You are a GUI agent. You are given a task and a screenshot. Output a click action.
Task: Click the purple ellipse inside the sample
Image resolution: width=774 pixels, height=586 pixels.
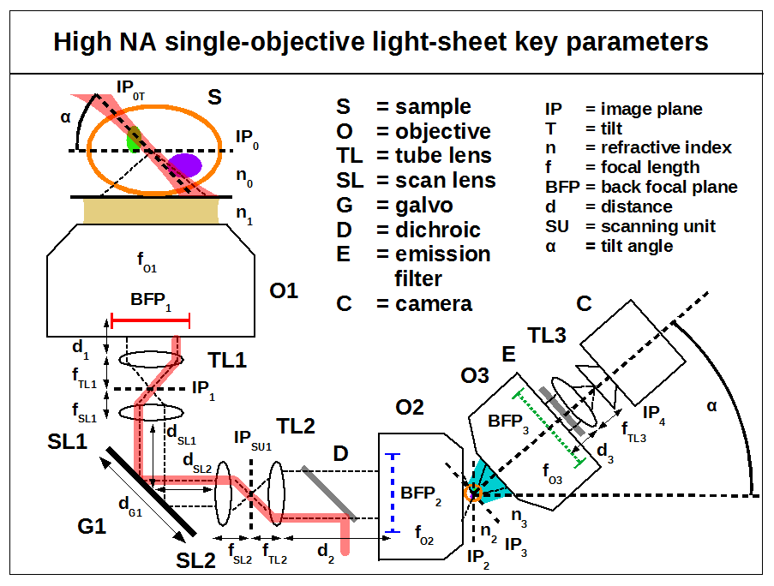(184, 165)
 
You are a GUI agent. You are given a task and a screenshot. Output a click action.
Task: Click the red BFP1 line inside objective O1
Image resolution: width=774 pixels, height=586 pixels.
(150, 321)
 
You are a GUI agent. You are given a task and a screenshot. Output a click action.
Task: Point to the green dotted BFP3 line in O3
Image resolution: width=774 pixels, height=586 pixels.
(549, 428)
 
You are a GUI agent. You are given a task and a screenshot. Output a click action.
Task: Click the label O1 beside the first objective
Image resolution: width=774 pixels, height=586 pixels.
(284, 291)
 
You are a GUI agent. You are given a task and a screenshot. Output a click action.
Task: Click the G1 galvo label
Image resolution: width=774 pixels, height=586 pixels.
(92, 525)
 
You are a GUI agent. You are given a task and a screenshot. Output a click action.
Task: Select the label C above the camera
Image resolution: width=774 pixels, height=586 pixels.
(584, 303)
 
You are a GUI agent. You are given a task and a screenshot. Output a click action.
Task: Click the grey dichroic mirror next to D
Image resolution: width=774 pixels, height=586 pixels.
(329, 494)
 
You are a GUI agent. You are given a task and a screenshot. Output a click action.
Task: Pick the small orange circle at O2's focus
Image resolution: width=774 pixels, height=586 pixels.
(472, 493)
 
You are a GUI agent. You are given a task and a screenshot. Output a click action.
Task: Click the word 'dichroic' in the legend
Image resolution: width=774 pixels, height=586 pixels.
(437, 230)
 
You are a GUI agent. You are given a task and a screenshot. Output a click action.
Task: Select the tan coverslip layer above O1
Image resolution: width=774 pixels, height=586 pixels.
(151, 211)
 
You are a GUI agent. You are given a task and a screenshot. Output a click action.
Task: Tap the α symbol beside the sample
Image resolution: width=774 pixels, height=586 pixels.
(65, 118)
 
